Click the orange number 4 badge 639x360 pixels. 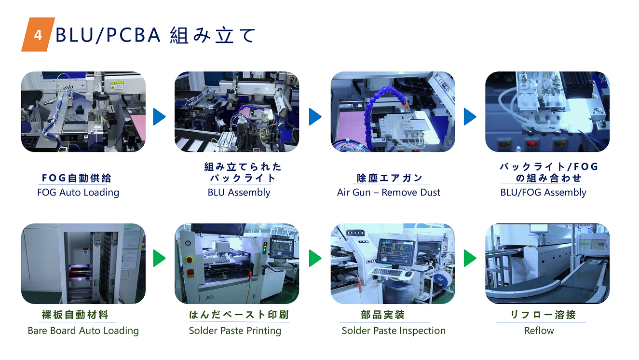click(x=38, y=35)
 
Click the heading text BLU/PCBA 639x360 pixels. click(x=108, y=35)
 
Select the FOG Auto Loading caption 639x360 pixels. click(x=78, y=193)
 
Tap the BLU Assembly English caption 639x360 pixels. click(x=239, y=193)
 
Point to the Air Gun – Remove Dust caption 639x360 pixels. click(x=389, y=193)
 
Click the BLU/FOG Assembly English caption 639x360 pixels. click(x=543, y=193)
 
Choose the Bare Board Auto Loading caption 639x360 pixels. click(x=83, y=331)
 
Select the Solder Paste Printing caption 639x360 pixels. click(x=235, y=331)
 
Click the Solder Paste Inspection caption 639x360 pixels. click(x=394, y=331)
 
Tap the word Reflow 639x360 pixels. click(x=539, y=331)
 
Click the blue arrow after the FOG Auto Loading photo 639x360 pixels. click(x=159, y=117)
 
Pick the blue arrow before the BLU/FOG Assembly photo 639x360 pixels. click(x=470, y=117)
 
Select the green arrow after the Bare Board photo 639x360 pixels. click(x=159, y=258)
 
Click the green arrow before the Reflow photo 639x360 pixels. click(x=470, y=258)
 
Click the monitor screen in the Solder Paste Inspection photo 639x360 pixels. click(x=395, y=251)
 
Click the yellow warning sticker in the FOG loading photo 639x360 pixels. click(x=117, y=85)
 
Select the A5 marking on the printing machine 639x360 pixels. click(x=210, y=298)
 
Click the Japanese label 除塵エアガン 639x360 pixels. click(x=390, y=178)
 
